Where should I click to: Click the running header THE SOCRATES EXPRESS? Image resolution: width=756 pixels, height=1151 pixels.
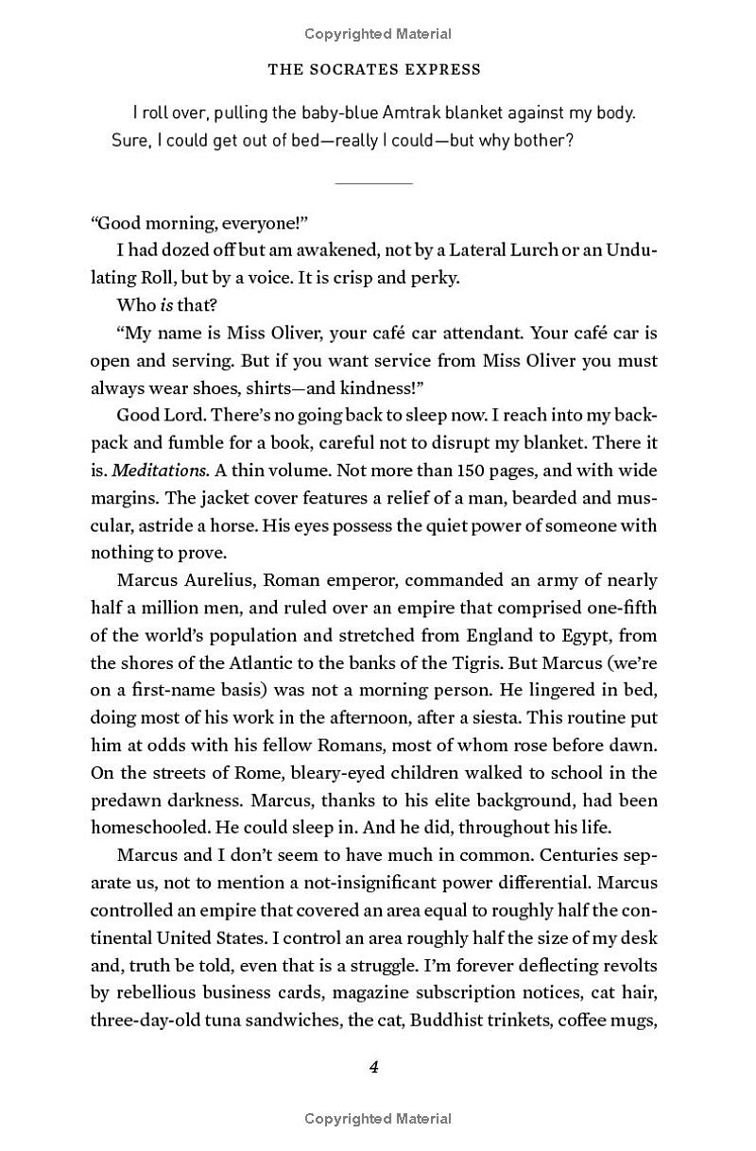[x=374, y=69]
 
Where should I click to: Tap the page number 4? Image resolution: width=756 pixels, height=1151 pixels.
[x=374, y=1067]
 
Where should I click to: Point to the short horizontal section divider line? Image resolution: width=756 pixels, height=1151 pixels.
[x=374, y=181]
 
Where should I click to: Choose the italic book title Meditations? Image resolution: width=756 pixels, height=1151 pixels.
[x=162, y=471]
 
